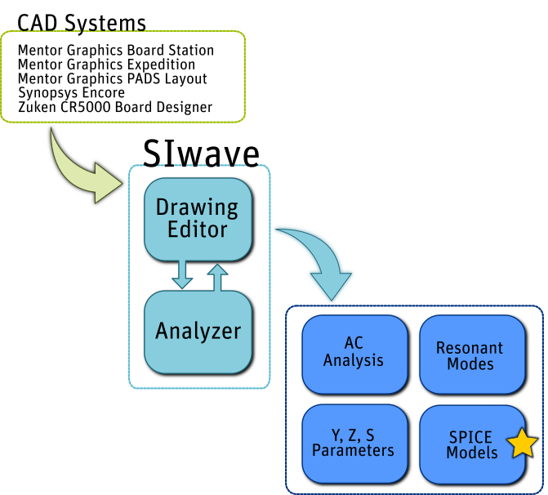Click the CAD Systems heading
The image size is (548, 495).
[82, 22]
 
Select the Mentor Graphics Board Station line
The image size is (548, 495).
[115, 51]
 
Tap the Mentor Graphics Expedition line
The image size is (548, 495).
[106, 65]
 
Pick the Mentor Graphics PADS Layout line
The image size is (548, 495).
[112, 79]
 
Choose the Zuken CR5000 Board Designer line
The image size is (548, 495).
[114, 107]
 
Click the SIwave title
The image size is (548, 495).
[201, 153]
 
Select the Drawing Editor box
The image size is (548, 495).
[198, 218]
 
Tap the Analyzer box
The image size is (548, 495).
[198, 332]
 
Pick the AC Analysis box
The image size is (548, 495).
[354, 352]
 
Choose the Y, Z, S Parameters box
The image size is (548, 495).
[354, 442]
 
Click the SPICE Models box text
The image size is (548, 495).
[470, 444]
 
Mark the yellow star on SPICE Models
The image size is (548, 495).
[522, 444]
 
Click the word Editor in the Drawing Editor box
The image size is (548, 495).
[198, 230]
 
